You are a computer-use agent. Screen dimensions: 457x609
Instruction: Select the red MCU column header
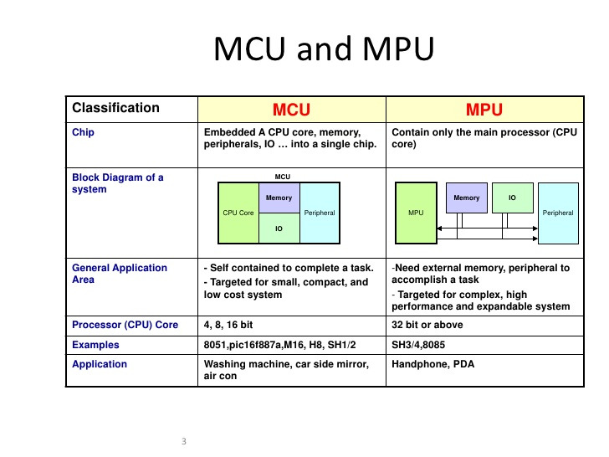coord(291,110)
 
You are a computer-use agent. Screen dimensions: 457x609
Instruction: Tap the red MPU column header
coord(484,110)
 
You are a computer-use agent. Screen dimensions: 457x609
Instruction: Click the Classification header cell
coord(115,108)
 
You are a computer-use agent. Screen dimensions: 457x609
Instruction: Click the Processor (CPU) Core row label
coord(125,325)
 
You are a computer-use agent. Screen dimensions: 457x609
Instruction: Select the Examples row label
coord(96,344)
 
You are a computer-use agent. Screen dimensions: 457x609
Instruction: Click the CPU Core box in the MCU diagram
coord(238,213)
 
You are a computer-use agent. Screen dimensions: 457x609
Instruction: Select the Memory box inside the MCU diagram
coord(279,198)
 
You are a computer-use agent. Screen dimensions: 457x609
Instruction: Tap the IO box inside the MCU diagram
coord(279,228)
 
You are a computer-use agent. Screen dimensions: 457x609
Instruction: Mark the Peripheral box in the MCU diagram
coord(319,213)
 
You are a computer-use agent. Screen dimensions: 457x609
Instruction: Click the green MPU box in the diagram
coord(416,213)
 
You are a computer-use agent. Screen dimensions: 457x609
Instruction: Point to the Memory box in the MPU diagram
coord(467,198)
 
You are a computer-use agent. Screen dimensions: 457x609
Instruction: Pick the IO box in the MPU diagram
coord(512,198)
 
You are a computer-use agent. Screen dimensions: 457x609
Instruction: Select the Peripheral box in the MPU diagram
coord(558,213)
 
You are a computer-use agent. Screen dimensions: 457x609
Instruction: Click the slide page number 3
coord(183,440)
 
